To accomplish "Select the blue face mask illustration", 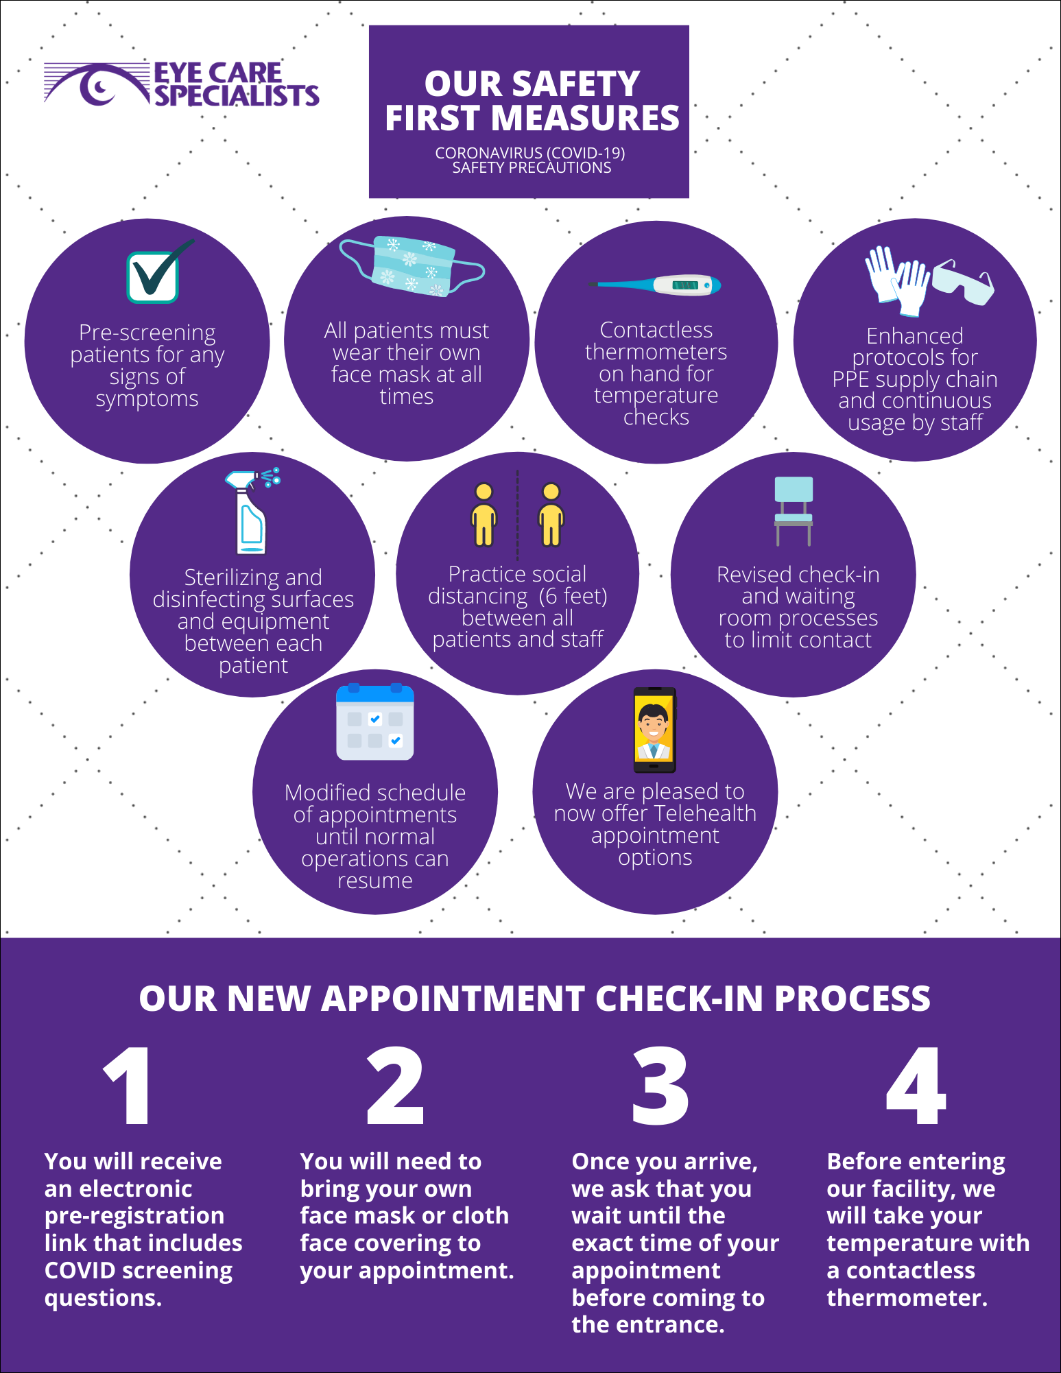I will pos(412,266).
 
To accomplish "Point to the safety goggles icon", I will pos(964,281).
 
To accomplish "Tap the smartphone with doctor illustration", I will pos(654,730).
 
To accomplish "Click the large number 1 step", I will pos(128,1086).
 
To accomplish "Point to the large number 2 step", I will pos(395,1086).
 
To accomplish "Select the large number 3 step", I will pos(660,1086).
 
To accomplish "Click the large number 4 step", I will pos(916,1086).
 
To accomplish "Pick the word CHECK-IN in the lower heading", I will pos(680,999).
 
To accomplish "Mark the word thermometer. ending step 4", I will pos(907,1298).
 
